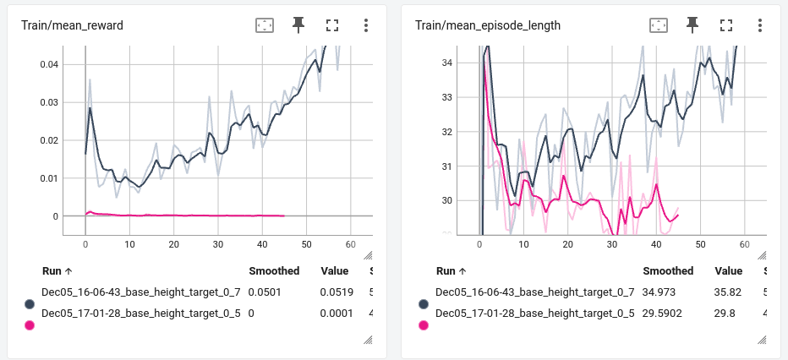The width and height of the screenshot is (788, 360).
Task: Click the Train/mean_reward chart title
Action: click(73, 25)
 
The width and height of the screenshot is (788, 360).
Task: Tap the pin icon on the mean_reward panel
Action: click(298, 25)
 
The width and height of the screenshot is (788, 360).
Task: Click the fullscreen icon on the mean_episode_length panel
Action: click(726, 25)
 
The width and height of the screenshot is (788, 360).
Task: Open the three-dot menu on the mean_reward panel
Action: click(366, 25)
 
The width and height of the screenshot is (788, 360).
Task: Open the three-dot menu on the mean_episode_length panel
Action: click(760, 25)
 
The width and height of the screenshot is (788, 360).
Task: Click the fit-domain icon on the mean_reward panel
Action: click(265, 25)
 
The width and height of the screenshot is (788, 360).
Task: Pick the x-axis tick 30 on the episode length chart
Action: click(611, 244)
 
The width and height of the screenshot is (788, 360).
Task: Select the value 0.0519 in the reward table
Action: click(337, 292)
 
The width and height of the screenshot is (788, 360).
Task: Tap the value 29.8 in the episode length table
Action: click(728, 313)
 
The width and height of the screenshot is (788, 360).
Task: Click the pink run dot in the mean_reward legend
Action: click(30, 325)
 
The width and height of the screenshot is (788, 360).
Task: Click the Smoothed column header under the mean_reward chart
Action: click(274, 271)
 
